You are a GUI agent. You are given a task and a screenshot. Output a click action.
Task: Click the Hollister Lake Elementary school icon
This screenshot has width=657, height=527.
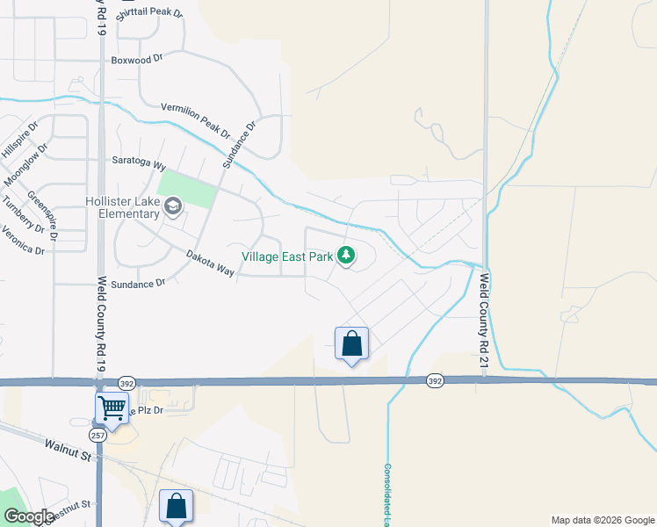coord(173,207)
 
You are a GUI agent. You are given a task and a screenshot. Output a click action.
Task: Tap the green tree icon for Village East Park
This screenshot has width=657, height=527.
coord(347,256)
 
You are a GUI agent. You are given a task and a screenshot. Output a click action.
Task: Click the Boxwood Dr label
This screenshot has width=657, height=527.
coord(138,60)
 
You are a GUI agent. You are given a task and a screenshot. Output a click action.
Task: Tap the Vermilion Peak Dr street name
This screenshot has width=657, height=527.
coord(195,120)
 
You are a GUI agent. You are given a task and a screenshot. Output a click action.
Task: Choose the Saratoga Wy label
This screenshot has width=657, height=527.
coord(139,162)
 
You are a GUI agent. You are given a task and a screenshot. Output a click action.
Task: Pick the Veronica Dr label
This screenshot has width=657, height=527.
coord(23,238)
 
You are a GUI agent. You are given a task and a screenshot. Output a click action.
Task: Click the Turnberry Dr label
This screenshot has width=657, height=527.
coord(22,214)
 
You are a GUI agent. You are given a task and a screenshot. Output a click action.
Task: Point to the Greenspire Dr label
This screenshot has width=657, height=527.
coord(42,215)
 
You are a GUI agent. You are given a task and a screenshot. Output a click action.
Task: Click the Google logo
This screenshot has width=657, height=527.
coord(29,516)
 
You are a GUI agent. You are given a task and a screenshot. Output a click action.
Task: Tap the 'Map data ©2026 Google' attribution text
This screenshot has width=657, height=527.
coord(602,520)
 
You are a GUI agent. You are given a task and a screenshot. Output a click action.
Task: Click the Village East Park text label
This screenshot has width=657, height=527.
coord(287,256)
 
